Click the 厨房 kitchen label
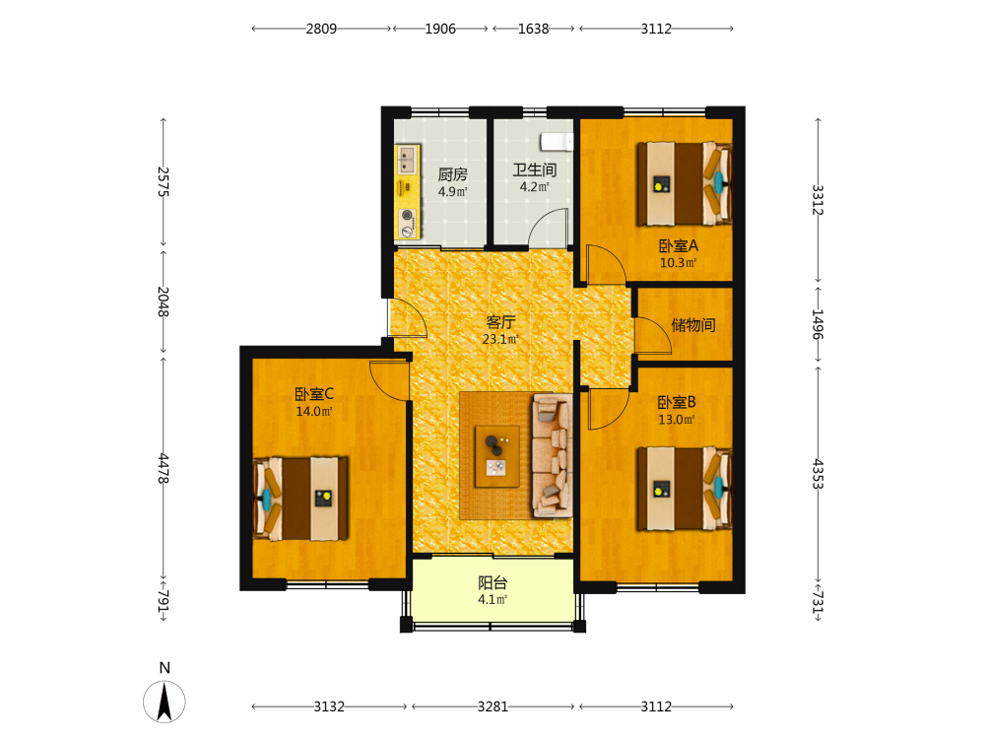click(x=452, y=174)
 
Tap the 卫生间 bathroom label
click(x=535, y=169)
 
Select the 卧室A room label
click(x=678, y=245)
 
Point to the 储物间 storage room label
click(x=692, y=325)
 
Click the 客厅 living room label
click(x=500, y=322)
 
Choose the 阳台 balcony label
click(x=492, y=582)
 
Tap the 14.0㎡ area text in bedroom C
click(x=314, y=412)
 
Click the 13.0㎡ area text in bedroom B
click(x=677, y=420)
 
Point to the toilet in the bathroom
click(x=558, y=142)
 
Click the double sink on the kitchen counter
click(x=407, y=160)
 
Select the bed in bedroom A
click(x=685, y=183)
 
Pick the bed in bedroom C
click(x=300, y=499)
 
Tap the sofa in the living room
click(x=553, y=455)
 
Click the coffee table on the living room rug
click(x=496, y=456)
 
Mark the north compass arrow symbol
click(x=164, y=702)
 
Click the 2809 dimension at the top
click(x=321, y=29)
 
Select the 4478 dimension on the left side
click(x=164, y=469)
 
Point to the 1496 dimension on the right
click(x=818, y=324)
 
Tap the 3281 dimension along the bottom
click(x=492, y=706)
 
